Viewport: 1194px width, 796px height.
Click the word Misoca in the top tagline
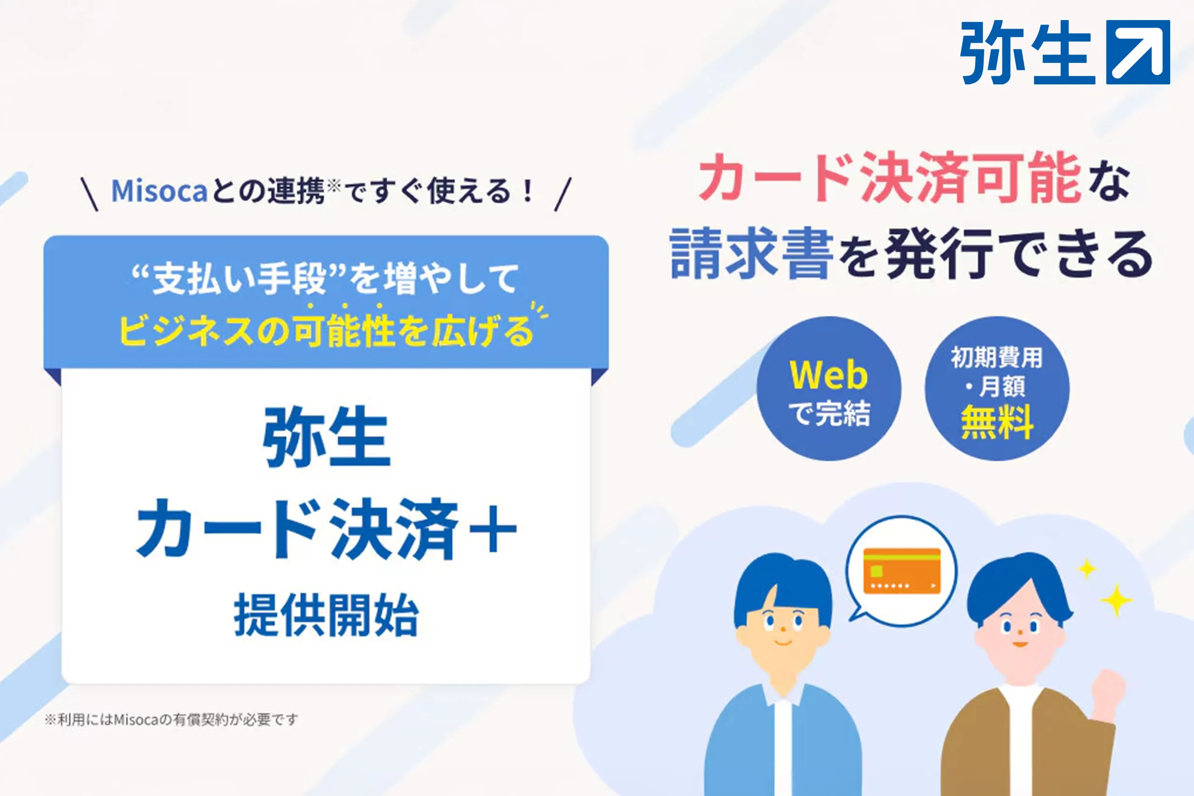160,191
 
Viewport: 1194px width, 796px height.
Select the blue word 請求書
752,253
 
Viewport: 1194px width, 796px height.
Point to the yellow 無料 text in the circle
997,422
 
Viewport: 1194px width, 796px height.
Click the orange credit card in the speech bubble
902,571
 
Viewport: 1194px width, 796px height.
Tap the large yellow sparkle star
1116,601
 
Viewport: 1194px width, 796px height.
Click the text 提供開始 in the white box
326,615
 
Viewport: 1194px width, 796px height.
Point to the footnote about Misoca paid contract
171,720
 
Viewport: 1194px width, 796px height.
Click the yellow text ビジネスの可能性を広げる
326,331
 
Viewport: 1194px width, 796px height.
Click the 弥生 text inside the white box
327,436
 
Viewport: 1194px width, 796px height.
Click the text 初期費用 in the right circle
997,357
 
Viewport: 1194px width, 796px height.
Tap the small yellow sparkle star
1086,568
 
